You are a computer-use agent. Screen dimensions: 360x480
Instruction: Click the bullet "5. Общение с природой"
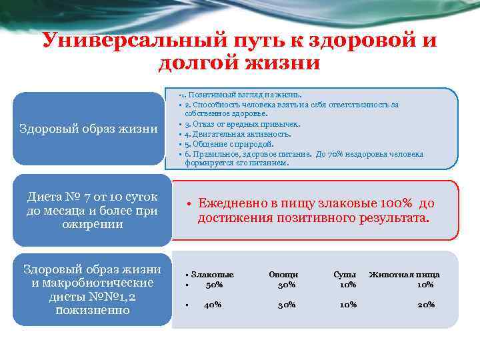pyautogui.click(x=229, y=143)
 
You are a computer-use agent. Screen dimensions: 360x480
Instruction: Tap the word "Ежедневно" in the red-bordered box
pyautogui.click(x=238, y=203)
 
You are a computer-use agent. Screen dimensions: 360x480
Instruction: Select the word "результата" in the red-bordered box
pyautogui.click(x=394, y=218)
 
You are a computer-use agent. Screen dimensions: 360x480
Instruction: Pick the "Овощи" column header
pyautogui.click(x=283, y=274)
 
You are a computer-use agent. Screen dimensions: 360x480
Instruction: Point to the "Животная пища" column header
pyautogui.click(x=405, y=274)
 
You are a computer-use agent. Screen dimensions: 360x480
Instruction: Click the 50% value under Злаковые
pyautogui.click(x=215, y=285)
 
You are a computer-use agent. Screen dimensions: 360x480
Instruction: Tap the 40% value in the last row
pyautogui.click(x=213, y=305)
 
